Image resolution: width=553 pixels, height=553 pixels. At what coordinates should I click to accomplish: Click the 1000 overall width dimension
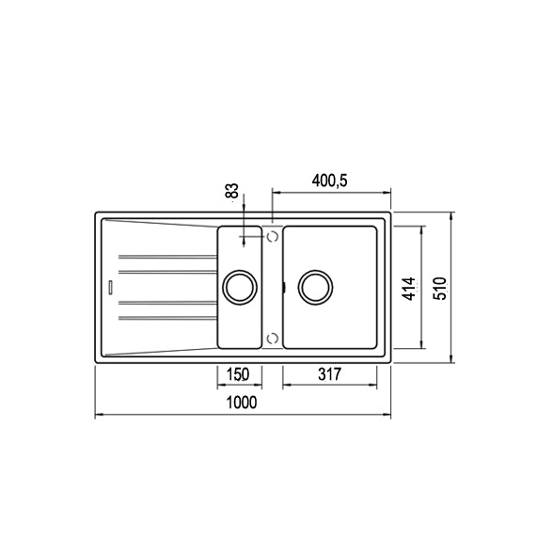pos(242,403)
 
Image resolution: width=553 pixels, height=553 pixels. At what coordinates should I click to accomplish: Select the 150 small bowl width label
pos(238,374)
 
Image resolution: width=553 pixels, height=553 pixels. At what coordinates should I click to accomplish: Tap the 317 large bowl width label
pos(330,374)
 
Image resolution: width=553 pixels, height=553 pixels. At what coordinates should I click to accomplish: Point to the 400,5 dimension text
pos(330,181)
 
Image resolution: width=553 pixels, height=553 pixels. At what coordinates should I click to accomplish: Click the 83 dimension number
pos(231,191)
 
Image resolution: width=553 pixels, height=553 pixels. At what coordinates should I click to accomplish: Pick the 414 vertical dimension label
pos(409,289)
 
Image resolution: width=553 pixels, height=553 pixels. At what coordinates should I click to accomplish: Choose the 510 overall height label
pos(440,289)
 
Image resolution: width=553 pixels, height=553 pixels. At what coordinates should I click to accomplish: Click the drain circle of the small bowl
pos(240,288)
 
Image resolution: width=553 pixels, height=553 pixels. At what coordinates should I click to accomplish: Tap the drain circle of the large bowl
pos(316,287)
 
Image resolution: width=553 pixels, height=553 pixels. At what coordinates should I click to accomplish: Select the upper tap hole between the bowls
pos(273,236)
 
